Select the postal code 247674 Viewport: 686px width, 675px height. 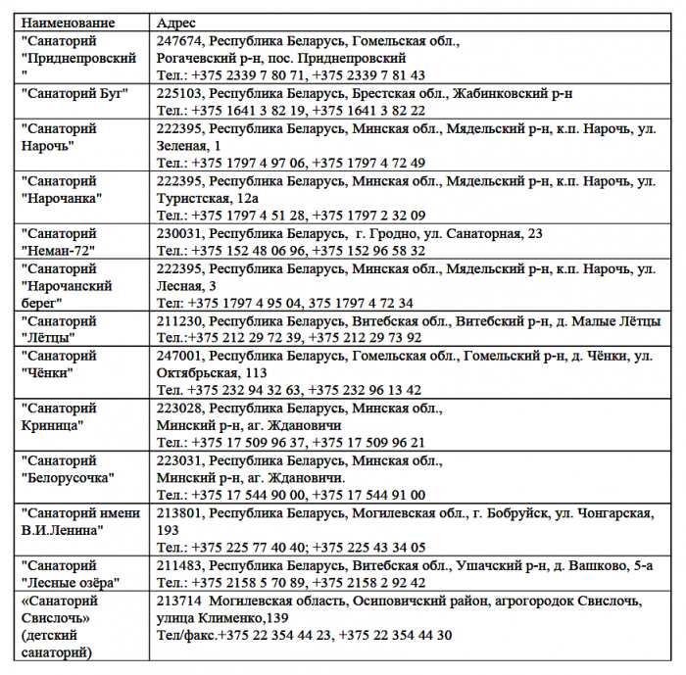coord(179,41)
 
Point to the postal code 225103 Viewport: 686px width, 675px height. coord(179,94)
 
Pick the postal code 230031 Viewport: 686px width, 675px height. coord(179,233)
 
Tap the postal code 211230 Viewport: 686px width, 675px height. coord(179,320)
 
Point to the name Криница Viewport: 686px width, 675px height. coord(53,424)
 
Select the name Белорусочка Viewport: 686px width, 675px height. coord(68,478)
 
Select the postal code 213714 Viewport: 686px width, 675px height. coord(179,601)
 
